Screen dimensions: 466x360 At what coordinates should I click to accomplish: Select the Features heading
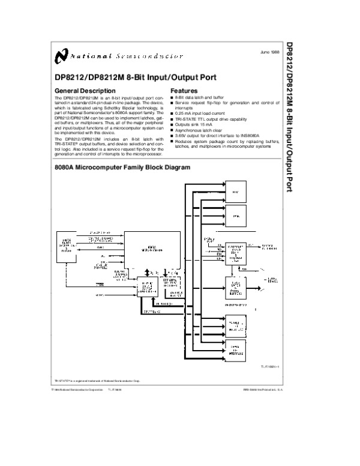[185, 91]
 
